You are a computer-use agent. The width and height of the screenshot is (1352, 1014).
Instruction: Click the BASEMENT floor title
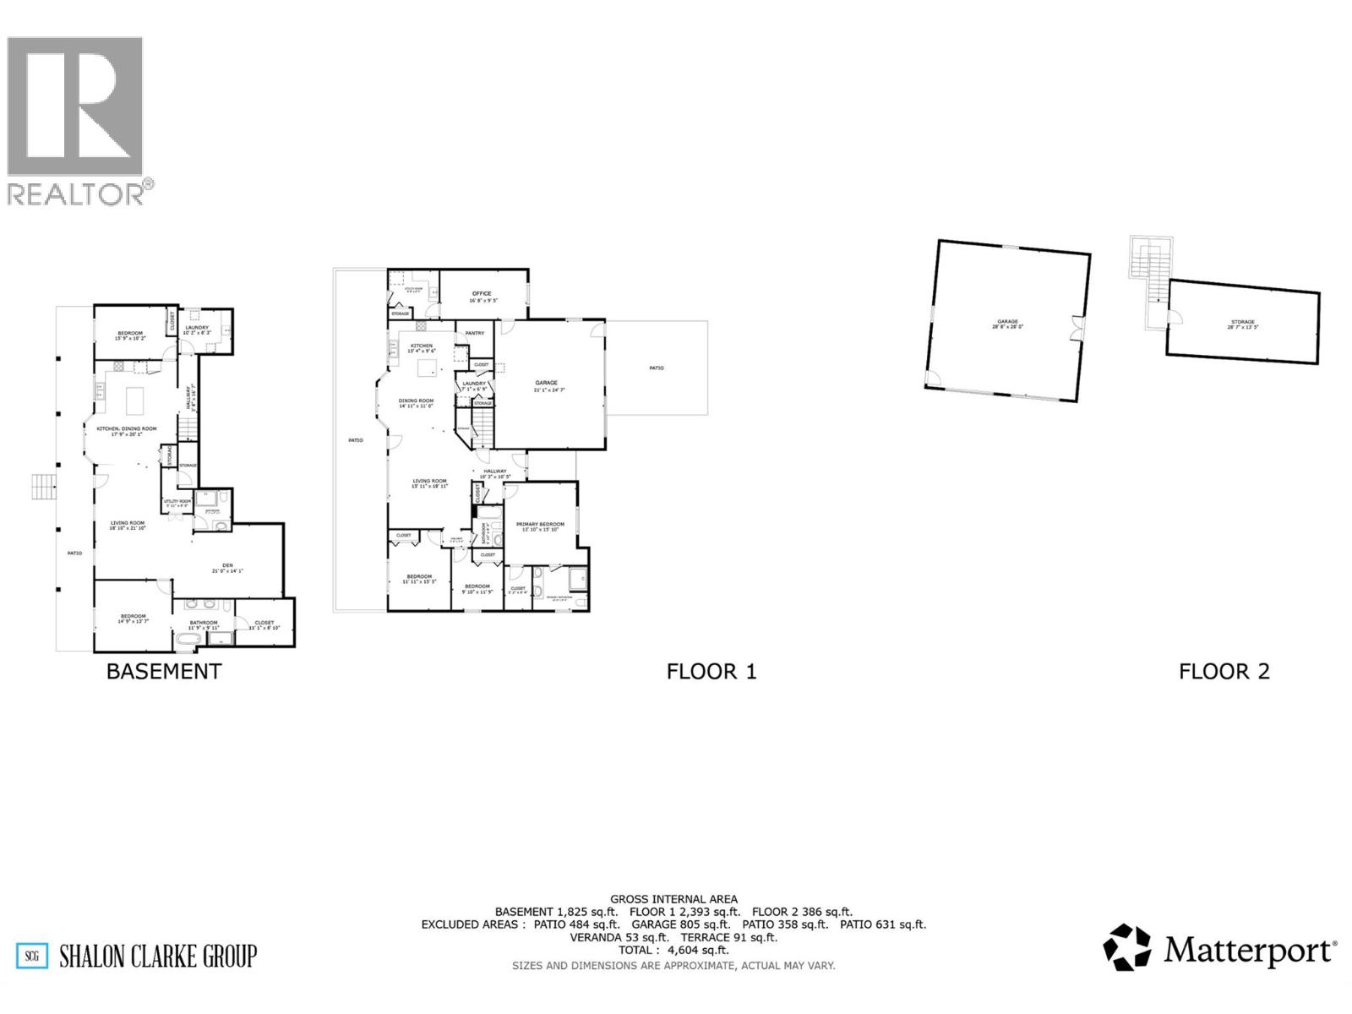(163, 672)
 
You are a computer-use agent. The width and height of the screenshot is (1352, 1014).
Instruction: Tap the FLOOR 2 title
(1224, 672)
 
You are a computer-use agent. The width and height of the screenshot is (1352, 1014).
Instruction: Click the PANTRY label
(475, 333)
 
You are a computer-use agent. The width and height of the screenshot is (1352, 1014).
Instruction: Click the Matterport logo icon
(1127, 948)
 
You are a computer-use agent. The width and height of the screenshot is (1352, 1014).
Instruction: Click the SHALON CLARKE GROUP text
(157, 957)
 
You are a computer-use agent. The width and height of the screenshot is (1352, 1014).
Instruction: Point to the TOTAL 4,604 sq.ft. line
(673, 950)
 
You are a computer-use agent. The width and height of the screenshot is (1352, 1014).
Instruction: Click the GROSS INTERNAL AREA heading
(673, 899)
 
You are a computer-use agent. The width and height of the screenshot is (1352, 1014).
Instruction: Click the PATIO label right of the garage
(657, 368)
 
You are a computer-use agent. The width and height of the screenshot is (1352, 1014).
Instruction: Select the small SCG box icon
(32, 957)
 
